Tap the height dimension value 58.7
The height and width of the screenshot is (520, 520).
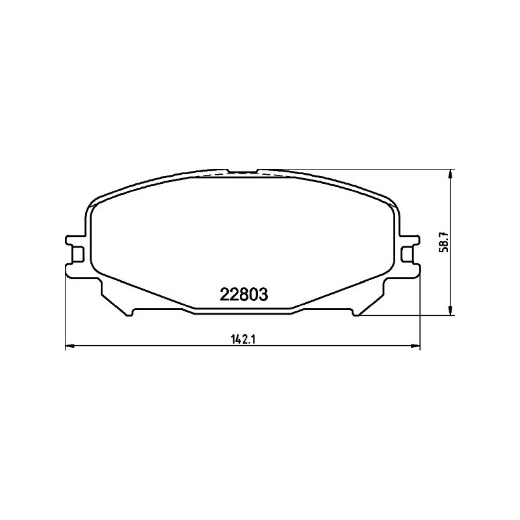[x=445, y=244]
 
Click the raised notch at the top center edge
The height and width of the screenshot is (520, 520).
[x=242, y=172]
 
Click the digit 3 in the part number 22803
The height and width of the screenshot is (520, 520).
[x=263, y=294]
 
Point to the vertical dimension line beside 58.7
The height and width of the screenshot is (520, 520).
[x=452, y=214]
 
